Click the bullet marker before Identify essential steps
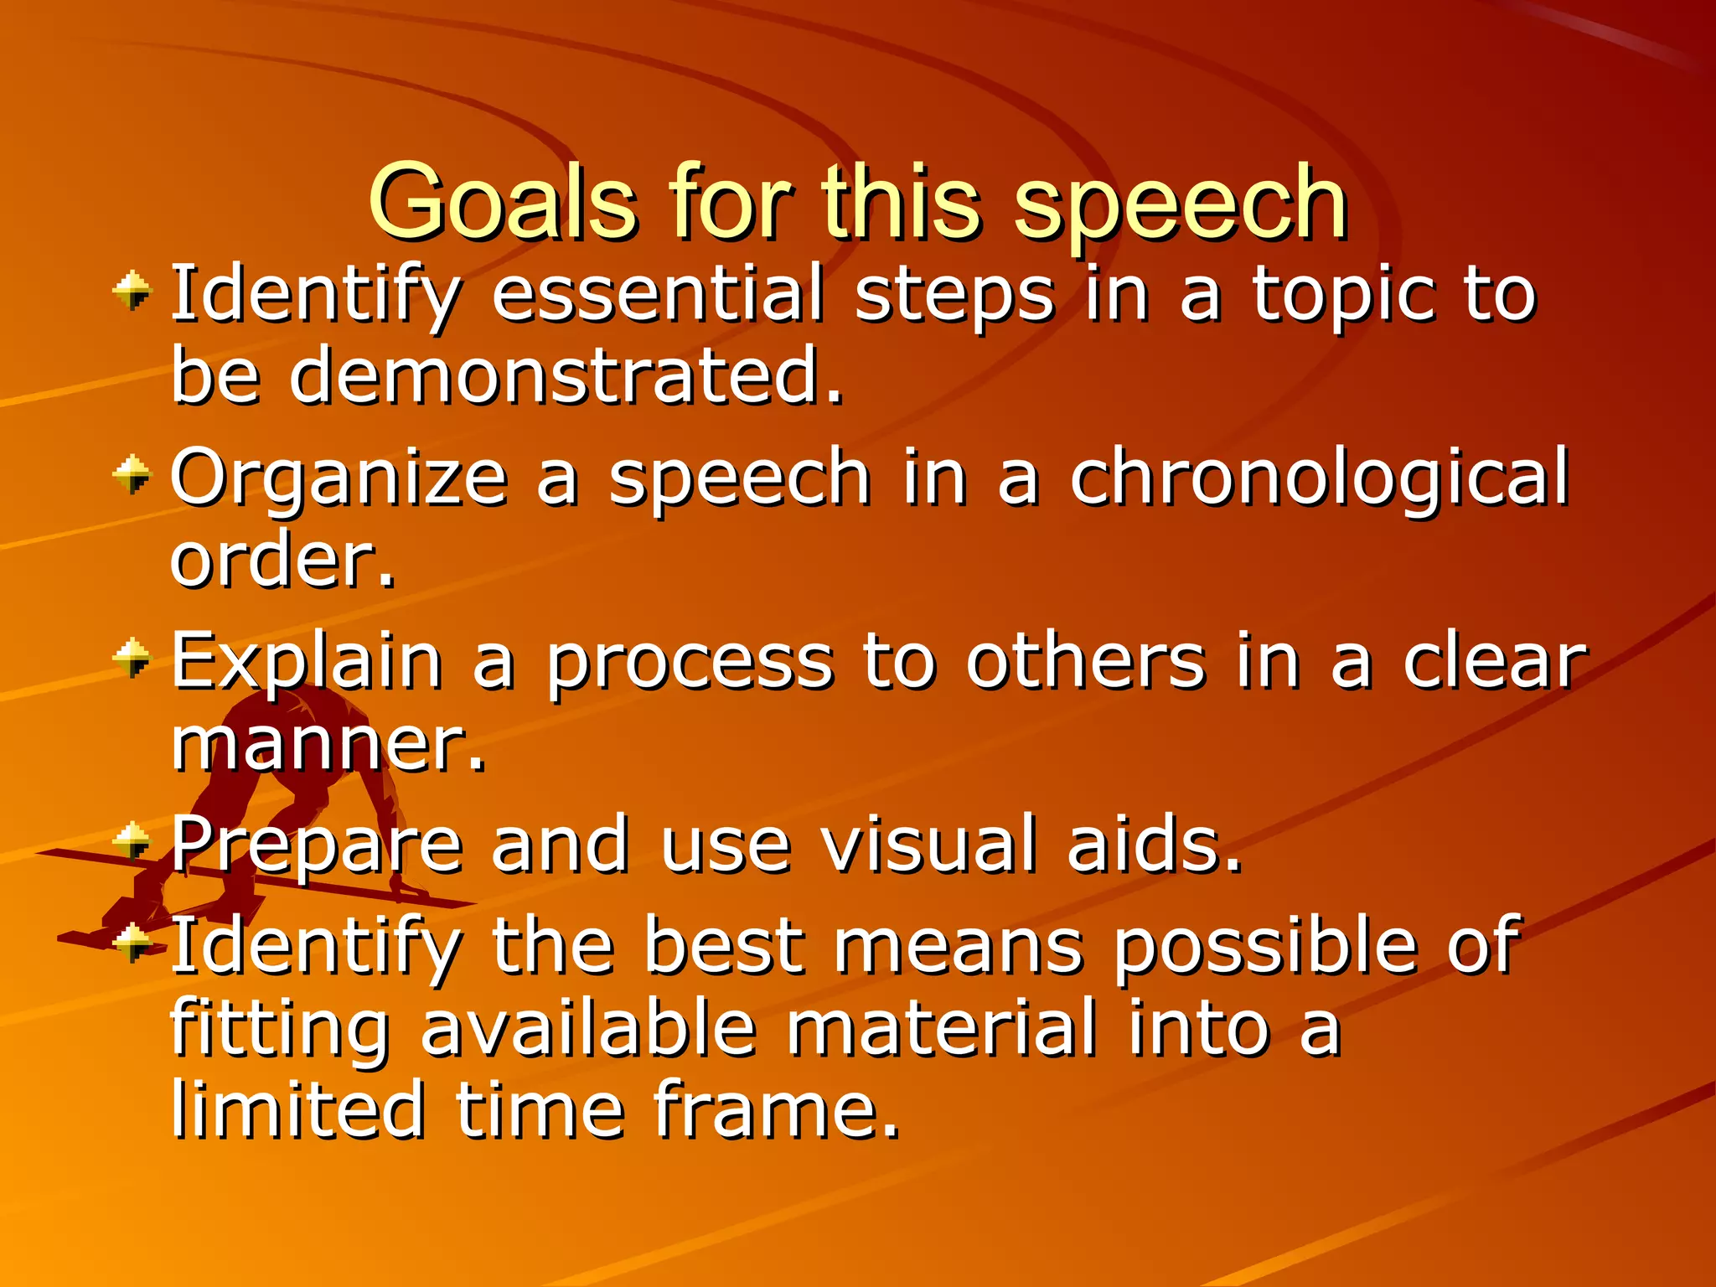pos(132,292)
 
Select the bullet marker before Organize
pos(132,477)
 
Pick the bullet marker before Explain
pos(132,659)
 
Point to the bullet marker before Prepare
pos(132,841)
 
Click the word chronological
pos(1319,477)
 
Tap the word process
pos(690,662)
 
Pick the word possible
pos(1265,947)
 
